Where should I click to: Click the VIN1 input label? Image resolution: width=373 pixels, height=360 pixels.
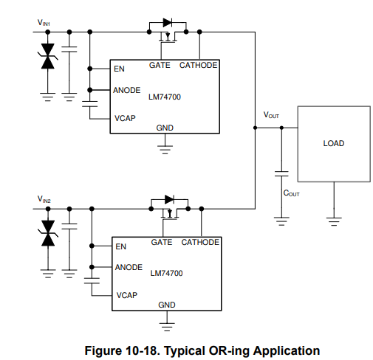coord(44,23)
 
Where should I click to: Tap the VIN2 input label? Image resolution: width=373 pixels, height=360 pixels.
coord(44,199)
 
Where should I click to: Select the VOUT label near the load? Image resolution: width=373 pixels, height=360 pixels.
coord(271,115)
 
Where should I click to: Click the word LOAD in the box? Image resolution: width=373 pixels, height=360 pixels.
coord(334,143)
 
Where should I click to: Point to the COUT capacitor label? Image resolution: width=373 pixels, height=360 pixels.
coord(291,193)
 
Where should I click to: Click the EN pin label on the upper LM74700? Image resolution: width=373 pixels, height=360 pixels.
coord(119,69)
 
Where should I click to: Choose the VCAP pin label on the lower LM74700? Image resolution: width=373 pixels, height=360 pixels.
coord(127,295)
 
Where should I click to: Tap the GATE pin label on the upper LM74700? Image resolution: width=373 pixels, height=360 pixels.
coord(160,65)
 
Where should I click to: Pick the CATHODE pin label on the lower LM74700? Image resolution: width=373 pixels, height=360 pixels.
coord(200,242)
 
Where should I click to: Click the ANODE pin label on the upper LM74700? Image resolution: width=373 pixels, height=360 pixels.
coord(127,90)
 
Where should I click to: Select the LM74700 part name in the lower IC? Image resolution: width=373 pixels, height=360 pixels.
coord(166,273)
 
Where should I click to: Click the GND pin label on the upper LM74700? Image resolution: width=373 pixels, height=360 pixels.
coord(165,128)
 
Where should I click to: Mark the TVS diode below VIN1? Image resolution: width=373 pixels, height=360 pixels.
coord(48,56)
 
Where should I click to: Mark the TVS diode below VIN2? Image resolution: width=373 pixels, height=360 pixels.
coord(48,233)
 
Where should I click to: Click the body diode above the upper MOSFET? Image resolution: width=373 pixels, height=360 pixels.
coord(168,23)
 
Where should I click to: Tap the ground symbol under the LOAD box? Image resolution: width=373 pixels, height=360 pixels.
coord(334,221)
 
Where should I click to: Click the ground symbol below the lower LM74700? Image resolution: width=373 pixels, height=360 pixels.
coord(167,327)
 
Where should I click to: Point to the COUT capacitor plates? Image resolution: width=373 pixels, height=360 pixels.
coord(281,173)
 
